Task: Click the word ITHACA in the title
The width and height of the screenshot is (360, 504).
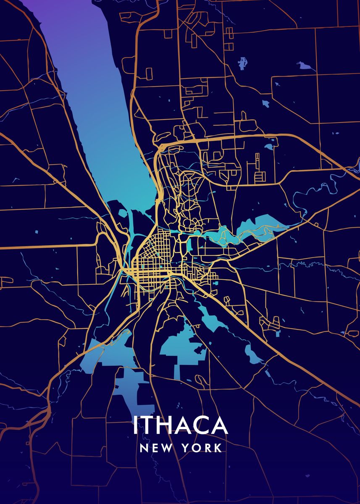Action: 180,426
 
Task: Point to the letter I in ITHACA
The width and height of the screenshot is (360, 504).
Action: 135,426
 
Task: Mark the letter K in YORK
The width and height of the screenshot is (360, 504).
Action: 218,448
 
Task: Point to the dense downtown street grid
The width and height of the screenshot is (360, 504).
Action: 153,260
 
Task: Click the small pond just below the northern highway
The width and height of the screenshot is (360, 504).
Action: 269,147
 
